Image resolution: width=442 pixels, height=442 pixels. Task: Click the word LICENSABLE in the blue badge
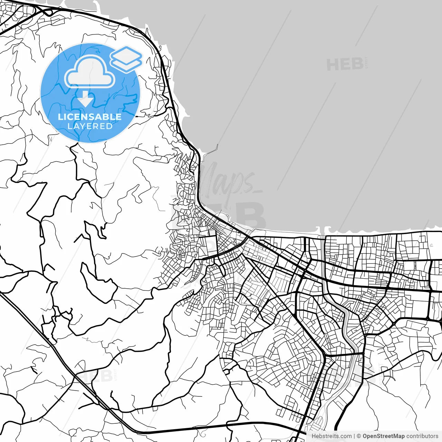click(90, 117)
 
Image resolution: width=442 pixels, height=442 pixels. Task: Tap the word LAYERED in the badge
click(90, 126)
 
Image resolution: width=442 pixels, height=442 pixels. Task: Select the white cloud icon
click(90, 72)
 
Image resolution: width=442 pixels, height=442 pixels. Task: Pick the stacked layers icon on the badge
click(126, 59)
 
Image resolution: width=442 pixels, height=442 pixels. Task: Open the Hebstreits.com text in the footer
click(331, 436)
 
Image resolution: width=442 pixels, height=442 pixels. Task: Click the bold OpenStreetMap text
click(383, 436)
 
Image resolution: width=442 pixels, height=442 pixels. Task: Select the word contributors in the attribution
click(422, 436)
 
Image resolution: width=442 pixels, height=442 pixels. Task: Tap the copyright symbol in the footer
click(359, 436)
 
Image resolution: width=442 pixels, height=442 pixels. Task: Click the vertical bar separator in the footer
click(354, 436)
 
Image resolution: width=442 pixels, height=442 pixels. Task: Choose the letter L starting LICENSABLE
click(60, 117)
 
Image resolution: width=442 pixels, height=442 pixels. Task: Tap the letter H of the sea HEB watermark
click(333, 65)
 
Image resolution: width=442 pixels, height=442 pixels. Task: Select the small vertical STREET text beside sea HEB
click(366, 63)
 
